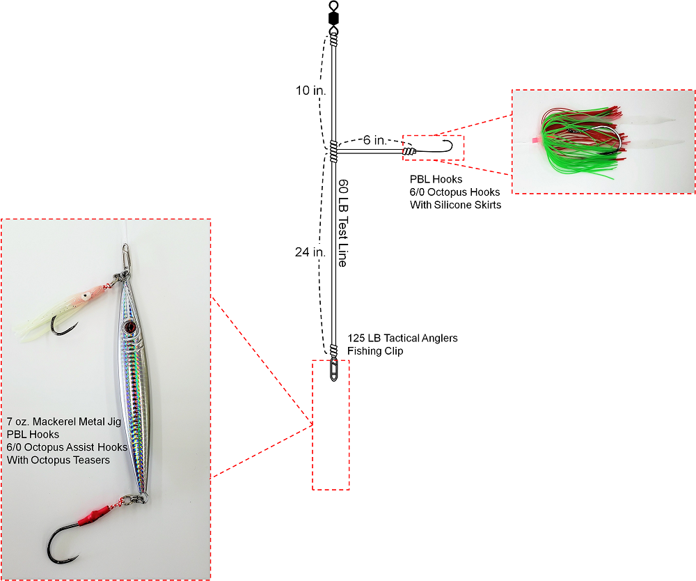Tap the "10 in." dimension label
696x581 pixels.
click(310, 91)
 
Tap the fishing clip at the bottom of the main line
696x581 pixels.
click(333, 369)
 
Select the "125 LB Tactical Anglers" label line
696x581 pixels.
click(402, 339)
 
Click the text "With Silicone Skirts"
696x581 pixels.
click(455, 205)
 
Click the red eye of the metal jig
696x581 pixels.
click(129, 326)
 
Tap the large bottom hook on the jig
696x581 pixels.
click(66, 543)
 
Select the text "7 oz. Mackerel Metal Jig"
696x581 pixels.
click(63, 421)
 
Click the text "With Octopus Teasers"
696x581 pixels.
click(58, 460)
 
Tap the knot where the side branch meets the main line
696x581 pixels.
click(333, 148)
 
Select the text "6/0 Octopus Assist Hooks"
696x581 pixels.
click(68, 447)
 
